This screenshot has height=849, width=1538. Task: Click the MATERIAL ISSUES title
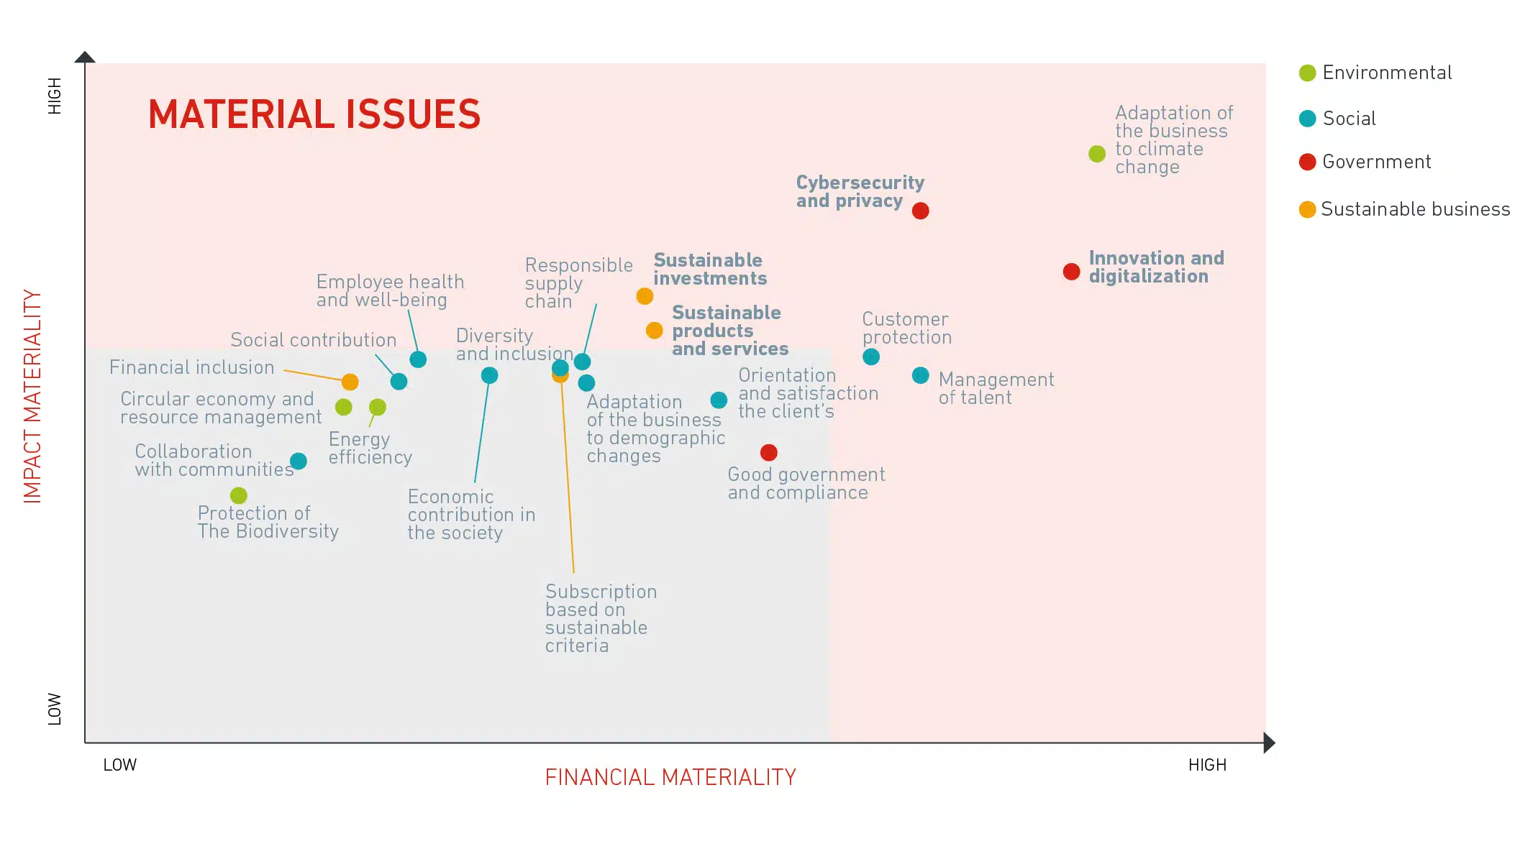[314, 115]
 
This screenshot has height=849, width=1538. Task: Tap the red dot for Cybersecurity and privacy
[920, 211]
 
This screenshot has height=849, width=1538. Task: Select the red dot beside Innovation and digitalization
[1071, 272]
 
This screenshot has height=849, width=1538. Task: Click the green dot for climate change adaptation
[1096, 154]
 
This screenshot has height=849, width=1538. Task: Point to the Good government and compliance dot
[768, 452]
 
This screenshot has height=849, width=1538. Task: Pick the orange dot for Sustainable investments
[645, 296]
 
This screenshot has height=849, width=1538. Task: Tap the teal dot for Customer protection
[870, 357]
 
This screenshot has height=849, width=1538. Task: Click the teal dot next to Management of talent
[920, 375]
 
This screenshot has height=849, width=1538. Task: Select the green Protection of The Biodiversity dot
[239, 495]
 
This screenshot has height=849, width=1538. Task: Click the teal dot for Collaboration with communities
[299, 461]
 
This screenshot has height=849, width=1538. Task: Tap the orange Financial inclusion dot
[350, 382]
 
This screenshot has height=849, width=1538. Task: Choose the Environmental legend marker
[1307, 73]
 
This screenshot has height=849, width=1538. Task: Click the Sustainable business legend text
[1415, 209]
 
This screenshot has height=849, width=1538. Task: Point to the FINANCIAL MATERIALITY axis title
[670, 777]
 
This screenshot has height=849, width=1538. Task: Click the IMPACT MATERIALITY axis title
[33, 396]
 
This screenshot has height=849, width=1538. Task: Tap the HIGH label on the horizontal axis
[1206, 765]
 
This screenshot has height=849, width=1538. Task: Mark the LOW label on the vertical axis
[55, 709]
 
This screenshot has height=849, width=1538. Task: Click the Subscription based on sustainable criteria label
[600, 618]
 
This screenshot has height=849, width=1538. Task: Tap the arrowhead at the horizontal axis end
[1269, 743]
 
